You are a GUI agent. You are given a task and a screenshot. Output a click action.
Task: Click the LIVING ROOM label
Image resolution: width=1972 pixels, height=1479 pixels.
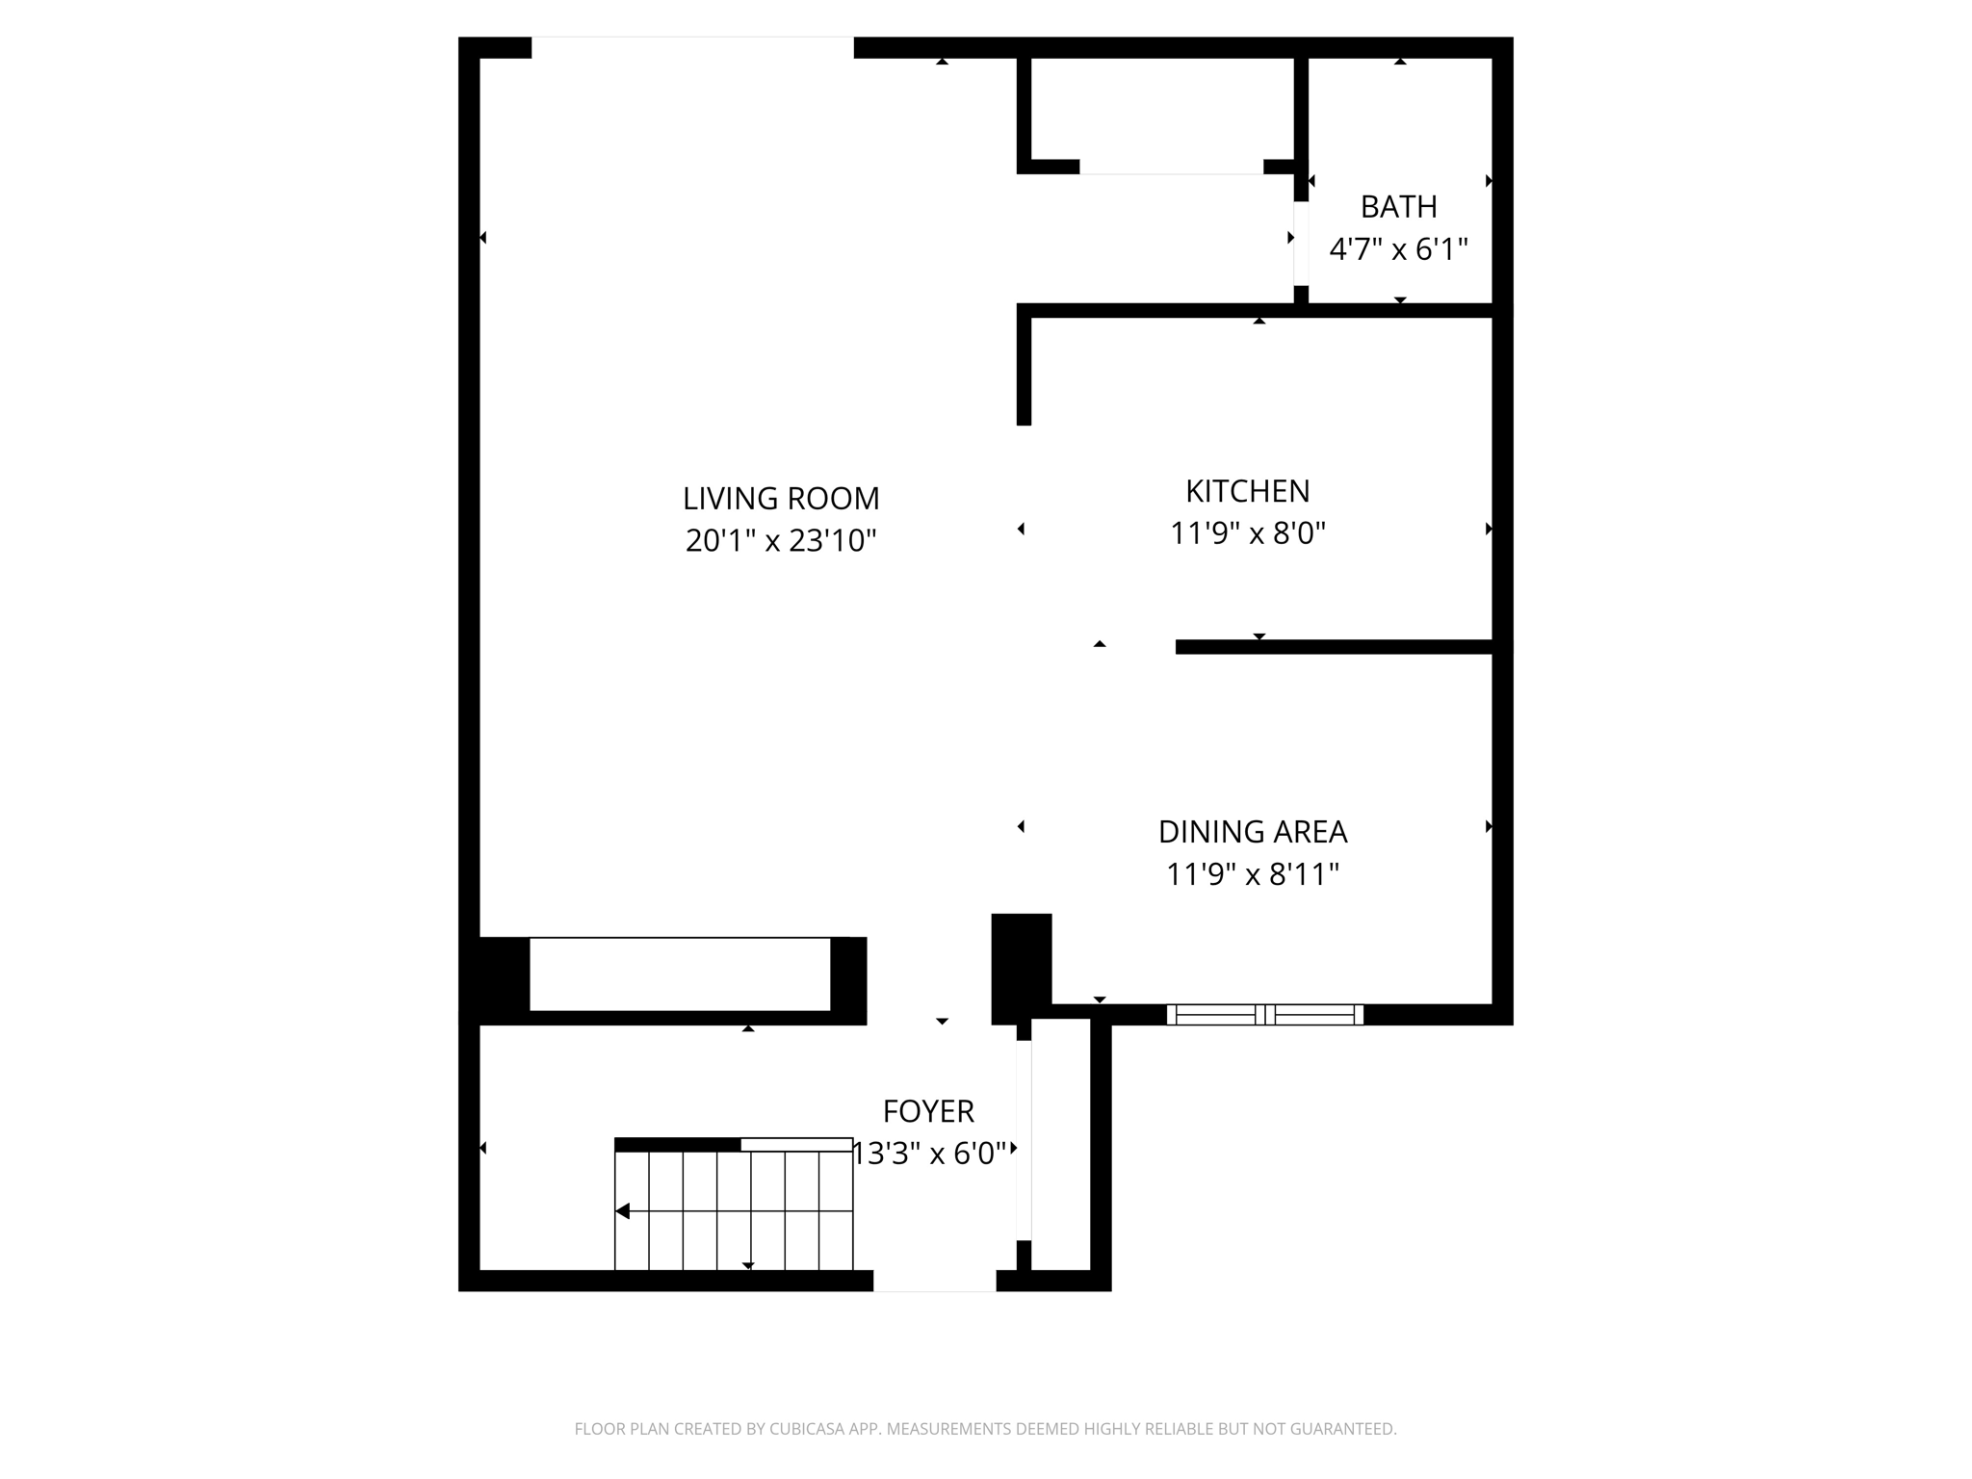(781, 499)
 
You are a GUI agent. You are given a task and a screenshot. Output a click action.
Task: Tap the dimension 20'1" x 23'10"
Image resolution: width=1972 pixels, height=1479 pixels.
(781, 541)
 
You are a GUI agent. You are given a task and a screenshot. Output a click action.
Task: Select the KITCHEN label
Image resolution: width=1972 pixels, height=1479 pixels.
(1247, 491)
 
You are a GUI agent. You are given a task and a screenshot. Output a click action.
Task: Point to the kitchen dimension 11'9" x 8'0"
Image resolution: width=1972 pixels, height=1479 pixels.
(1247, 533)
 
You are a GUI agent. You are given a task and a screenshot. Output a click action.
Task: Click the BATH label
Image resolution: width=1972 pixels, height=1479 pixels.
(1398, 207)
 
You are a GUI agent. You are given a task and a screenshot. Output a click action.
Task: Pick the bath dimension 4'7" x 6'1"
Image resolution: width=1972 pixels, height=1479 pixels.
(1398, 250)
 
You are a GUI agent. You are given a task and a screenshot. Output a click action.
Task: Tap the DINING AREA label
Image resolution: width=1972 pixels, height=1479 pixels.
(1252, 832)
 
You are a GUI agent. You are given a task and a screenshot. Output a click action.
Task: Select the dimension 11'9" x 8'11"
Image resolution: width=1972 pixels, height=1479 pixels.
(1252, 874)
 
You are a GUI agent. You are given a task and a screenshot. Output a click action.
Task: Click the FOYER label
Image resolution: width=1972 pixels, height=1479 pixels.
(928, 1111)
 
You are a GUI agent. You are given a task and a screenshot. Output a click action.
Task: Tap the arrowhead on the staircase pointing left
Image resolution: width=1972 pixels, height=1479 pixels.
(623, 1211)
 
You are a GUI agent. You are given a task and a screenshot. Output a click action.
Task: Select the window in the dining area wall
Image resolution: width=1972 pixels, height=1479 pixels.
(1264, 1014)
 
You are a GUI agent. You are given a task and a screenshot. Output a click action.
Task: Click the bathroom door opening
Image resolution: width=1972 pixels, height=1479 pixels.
(1301, 243)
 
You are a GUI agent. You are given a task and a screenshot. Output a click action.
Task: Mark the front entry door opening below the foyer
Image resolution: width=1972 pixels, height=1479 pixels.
(934, 1282)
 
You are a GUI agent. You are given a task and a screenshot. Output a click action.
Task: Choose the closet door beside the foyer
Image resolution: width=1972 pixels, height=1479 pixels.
(1024, 1141)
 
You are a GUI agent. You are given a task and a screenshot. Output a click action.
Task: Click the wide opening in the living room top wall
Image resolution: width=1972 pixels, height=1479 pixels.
(692, 47)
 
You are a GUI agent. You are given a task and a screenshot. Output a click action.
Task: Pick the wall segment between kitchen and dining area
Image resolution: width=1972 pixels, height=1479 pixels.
(1334, 647)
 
